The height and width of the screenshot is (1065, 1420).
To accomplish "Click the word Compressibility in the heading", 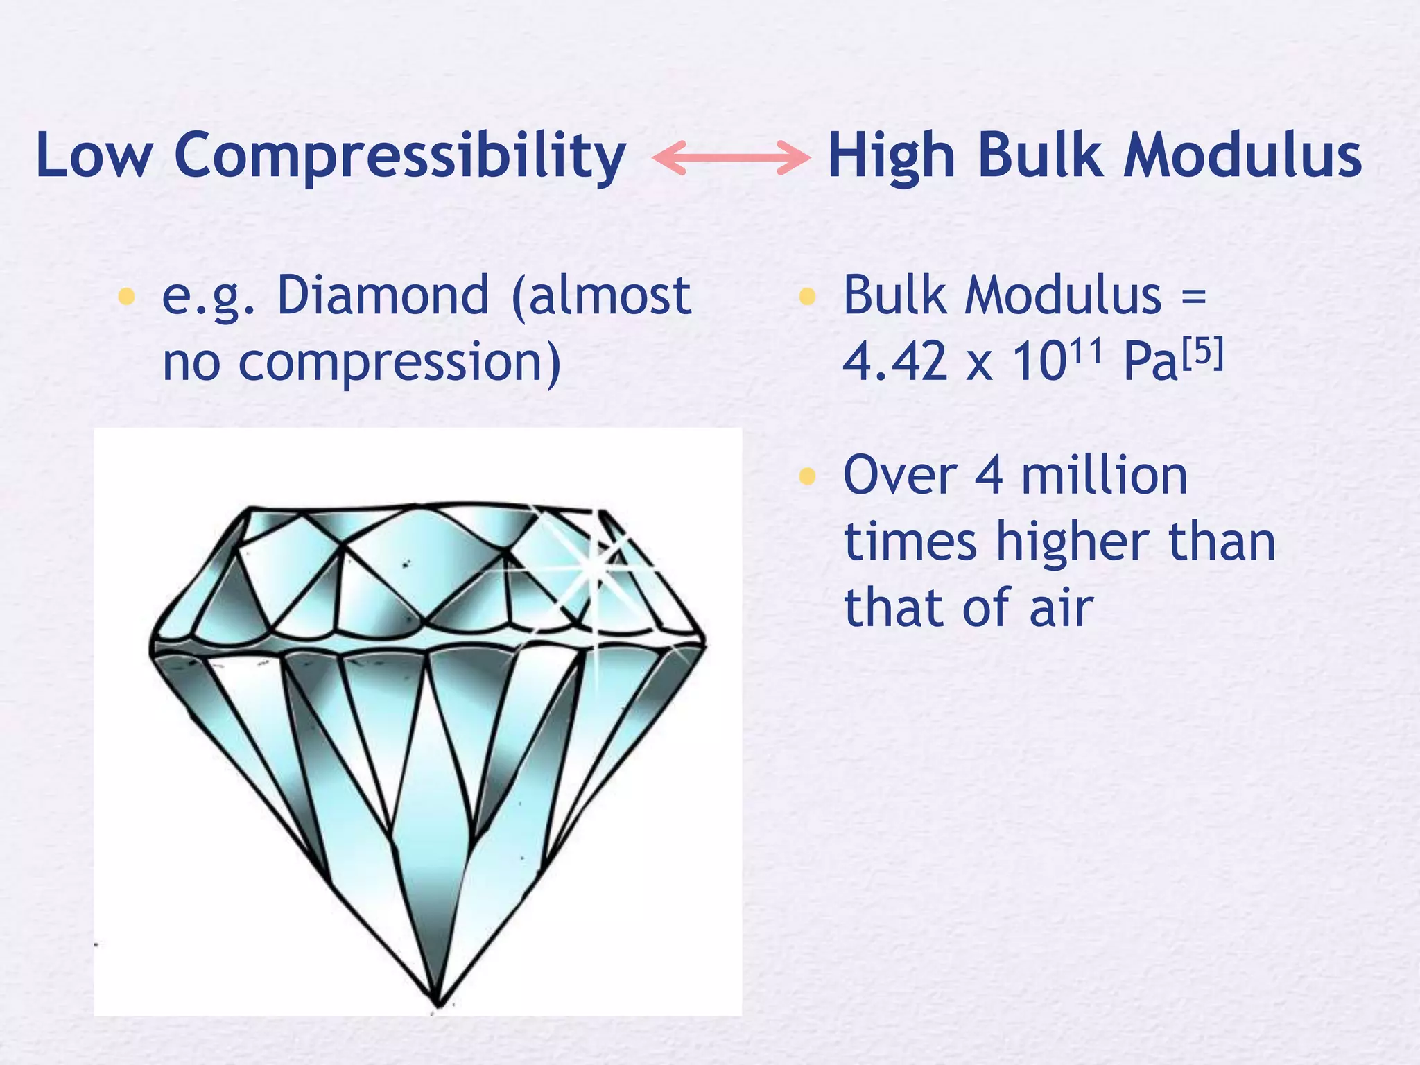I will tap(400, 156).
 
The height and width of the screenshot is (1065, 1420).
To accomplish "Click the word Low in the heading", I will tap(94, 156).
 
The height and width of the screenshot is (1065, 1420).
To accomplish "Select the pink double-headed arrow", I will tap(731, 157).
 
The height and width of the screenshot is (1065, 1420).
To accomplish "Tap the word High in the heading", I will tap(891, 156).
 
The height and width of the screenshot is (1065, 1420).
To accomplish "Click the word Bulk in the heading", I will tap(1039, 156).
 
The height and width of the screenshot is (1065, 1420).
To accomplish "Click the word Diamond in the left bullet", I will tap(383, 296).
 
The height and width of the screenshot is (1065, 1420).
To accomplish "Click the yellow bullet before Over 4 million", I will tap(806, 476).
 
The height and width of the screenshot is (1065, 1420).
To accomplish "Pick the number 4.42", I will tap(894, 362).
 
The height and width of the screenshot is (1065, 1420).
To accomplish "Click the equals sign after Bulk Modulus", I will tap(1193, 296).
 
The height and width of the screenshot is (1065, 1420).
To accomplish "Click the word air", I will tap(1061, 608).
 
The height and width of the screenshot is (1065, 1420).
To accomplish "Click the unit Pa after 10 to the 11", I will tap(1150, 362).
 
